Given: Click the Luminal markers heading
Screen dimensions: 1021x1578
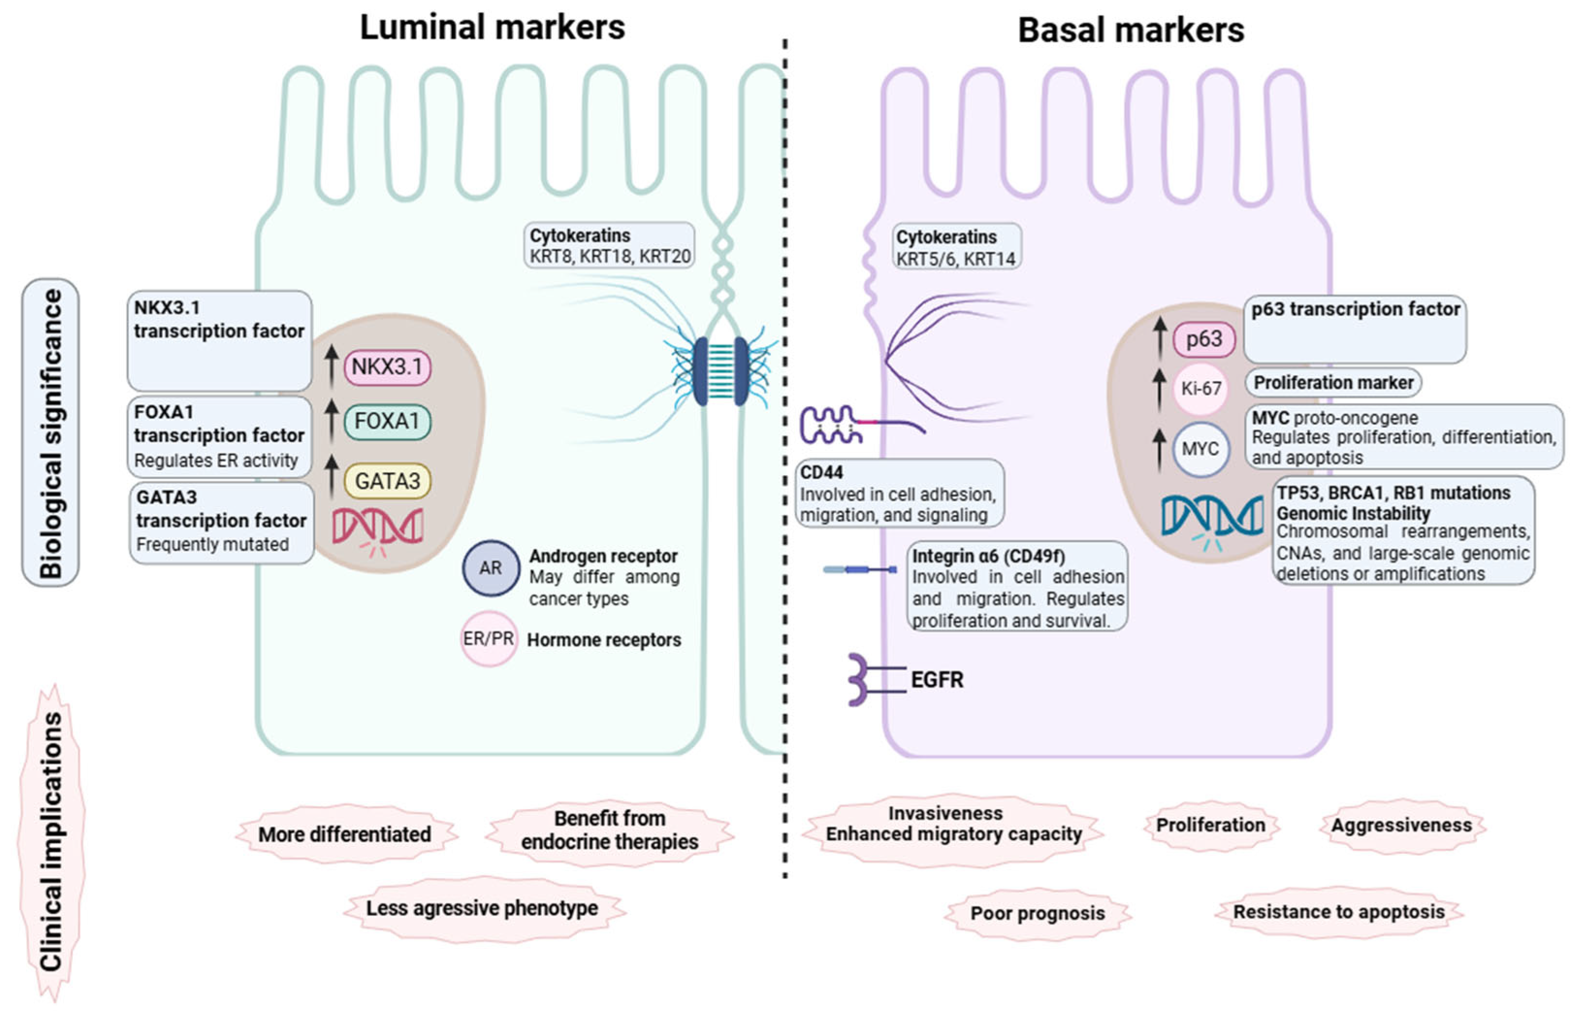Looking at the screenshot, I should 492,28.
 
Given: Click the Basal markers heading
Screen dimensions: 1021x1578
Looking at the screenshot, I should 1131,31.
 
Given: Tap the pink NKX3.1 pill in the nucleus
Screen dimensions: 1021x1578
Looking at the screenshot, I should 387,367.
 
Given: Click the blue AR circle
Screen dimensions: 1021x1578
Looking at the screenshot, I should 491,568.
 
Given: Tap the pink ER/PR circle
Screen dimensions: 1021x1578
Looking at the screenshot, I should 489,639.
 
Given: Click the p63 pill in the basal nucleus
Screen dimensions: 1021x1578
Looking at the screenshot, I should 1203,339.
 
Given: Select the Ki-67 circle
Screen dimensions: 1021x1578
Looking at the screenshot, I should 1201,388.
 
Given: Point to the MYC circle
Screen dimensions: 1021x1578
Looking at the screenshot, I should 1200,449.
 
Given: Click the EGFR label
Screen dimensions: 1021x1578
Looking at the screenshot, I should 937,680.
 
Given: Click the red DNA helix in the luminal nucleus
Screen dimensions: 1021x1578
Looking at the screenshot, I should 377,527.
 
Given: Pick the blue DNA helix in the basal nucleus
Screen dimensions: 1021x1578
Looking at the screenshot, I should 1212,517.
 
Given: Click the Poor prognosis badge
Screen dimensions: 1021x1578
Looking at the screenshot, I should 1037,913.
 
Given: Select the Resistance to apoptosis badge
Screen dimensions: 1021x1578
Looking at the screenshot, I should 1338,912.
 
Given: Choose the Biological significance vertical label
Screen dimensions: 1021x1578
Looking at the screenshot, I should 51,432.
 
